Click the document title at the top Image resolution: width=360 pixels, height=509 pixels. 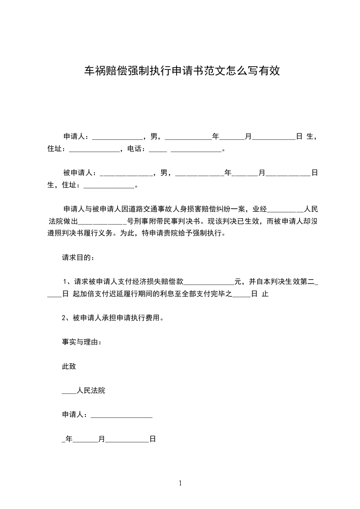180,70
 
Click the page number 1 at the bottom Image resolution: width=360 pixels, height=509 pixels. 180,483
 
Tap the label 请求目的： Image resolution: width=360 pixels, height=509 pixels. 79,258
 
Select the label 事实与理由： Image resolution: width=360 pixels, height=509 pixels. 82,342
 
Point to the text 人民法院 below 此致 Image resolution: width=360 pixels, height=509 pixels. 91,390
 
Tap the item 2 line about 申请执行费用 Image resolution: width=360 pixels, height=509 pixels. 113,318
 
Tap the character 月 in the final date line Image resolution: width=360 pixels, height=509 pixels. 102,439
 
